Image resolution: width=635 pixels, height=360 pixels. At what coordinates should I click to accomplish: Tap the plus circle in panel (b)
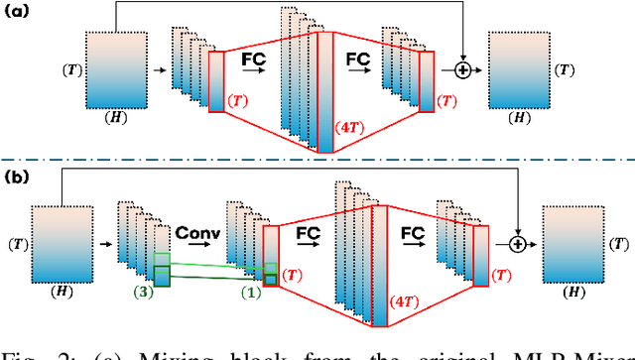518,241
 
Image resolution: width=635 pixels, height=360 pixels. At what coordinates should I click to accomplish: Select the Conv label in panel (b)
196,232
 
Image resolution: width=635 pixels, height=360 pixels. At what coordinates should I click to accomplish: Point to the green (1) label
251,293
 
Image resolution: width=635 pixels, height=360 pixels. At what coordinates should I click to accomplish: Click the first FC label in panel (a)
254,60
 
